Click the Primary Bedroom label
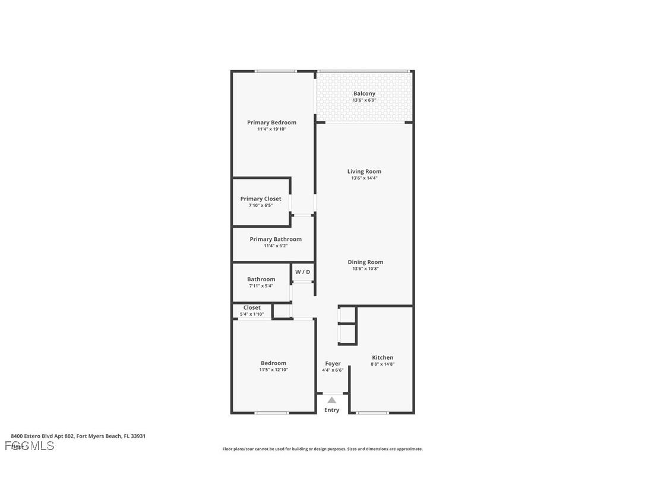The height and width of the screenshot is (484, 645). [x=271, y=122]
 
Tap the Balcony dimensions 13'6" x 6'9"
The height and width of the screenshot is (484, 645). [x=364, y=100]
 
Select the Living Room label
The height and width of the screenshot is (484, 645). [x=364, y=171]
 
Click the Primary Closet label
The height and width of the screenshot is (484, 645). [x=261, y=199]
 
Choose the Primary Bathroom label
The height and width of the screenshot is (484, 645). [x=276, y=239]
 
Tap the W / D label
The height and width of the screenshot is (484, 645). [x=302, y=272]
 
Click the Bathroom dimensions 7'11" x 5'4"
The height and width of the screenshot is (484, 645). [x=261, y=286]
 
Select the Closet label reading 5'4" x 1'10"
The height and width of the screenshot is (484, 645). [x=252, y=310]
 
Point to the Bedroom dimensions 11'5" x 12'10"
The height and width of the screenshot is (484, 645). [x=273, y=370]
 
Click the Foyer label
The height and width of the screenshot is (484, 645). [x=333, y=363]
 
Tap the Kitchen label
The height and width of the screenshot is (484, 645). [x=382, y=357]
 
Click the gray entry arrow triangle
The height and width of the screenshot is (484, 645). [x=331, y=400]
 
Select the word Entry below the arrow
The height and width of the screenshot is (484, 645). [x=331, y=410]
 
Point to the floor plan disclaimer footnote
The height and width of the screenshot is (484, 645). [x=322, y=449]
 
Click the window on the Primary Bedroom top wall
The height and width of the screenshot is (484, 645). [x=276, y=71]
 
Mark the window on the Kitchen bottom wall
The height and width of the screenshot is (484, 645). [x=372, y=413]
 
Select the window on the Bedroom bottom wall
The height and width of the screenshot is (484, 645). [x=272, y=413]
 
